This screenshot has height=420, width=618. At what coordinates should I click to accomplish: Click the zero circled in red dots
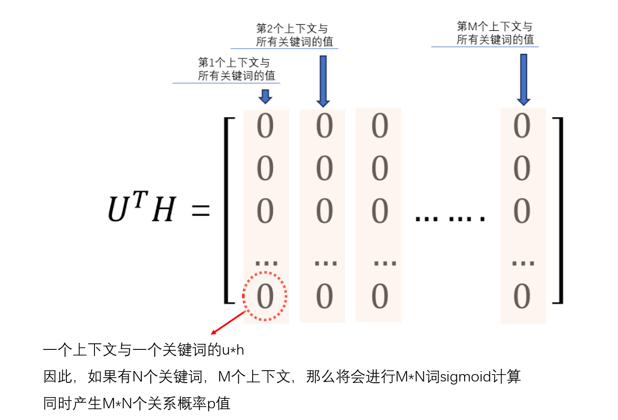[265, 297]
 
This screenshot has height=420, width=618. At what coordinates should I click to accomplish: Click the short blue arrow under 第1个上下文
[265, 96]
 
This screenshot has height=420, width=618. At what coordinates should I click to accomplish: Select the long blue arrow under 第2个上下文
[323, 81]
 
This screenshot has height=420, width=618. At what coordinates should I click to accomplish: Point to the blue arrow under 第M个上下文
[524, 80]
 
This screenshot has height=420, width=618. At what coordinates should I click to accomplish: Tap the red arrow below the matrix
[228, 323]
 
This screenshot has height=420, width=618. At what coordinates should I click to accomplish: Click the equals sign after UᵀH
[201, 211]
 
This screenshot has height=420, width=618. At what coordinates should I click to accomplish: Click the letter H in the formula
[164, 210]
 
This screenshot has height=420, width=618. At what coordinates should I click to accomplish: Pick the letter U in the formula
[119, 210]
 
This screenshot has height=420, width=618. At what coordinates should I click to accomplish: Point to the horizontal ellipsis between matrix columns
[450, 219]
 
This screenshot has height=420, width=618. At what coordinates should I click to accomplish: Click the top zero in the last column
[522, 126]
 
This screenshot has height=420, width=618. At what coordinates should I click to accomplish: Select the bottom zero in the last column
[522, 297]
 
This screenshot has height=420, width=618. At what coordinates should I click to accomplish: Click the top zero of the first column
[265, 126]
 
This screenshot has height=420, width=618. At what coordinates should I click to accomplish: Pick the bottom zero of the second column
[324, 297]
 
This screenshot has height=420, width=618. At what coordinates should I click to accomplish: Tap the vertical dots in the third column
[385, 263]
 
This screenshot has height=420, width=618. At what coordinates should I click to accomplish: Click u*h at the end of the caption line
[233, 350]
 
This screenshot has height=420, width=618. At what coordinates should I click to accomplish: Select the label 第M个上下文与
[494, 26]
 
